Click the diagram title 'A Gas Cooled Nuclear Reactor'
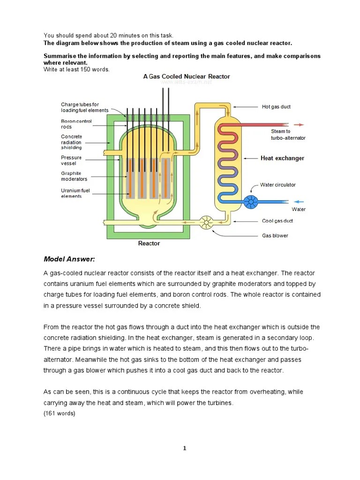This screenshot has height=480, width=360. click(187, 76)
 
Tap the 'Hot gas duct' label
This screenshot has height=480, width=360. click(276, 107)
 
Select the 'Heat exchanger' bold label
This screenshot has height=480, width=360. click(282, 158)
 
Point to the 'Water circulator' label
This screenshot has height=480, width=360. click(278, 185)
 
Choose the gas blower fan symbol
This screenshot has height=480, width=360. click(206, 223)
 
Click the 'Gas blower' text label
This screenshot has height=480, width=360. click(275, 236)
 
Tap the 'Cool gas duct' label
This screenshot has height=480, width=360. click(277, 221)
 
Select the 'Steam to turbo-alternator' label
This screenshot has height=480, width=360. click(288, 135)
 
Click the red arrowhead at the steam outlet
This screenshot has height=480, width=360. click(301, 125)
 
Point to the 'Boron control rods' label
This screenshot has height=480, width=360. click(76, 124)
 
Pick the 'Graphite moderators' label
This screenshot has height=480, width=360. click(74, 176)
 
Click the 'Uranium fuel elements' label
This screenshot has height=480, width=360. click(75, 193)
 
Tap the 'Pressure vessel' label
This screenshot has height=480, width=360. click(71, 160)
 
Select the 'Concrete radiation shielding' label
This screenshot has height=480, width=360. click(71, 142)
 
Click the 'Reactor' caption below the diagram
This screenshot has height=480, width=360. click(149, 243)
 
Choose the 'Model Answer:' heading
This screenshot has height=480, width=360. click(69, 259)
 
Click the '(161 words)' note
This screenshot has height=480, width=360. click(60, 413)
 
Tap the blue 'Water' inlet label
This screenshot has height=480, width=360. click(299, 209)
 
